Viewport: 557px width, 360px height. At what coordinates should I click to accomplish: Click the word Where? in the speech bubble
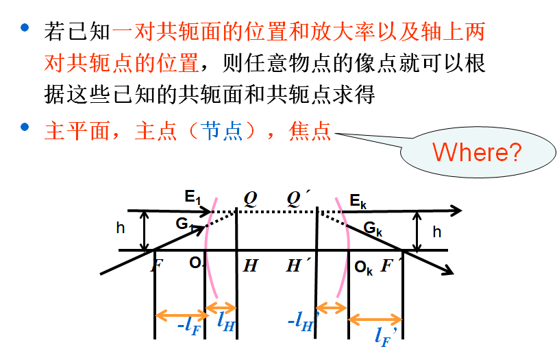coord(477,151)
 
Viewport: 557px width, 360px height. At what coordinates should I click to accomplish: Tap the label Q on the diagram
coord(251,198)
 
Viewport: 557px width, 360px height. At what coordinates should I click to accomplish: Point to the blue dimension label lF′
coord(385,336)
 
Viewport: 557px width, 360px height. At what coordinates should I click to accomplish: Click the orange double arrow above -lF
coord(181,315)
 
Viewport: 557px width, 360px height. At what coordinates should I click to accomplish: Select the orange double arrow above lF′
coord(375,320)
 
